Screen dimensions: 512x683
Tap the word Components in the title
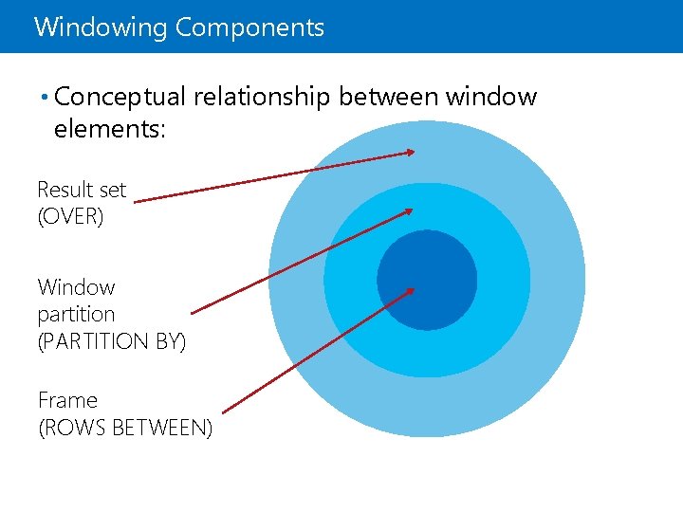point(249,27)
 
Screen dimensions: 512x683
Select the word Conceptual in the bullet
point(122,98)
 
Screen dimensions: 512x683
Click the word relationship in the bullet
point(263,98)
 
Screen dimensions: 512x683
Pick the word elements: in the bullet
point(110,129)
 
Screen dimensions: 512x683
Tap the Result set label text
point(82,190)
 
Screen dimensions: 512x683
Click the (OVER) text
point(69,216)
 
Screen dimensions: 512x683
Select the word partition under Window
point(76,314)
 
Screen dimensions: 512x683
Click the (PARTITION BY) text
point(112,340)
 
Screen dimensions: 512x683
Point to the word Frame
point(67,400)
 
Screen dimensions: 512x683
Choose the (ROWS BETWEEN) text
point(125,428)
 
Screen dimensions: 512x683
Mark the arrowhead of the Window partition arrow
point(409,210)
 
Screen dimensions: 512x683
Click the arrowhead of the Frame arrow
point(410,290)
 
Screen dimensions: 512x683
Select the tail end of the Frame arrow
point(224,411)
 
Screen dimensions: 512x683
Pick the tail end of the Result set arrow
point(136,200)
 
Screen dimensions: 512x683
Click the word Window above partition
point(76,287)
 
